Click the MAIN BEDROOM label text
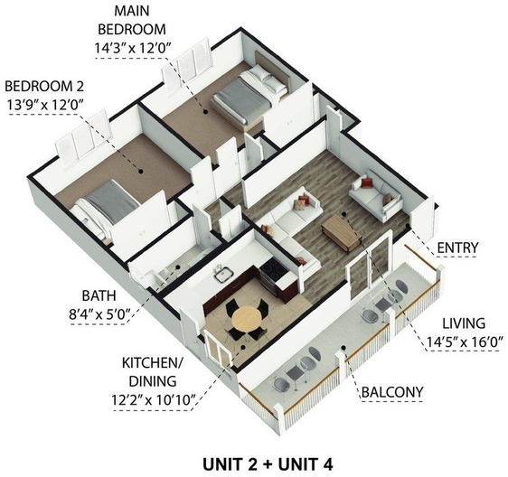[132, 20]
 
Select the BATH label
[99, 295]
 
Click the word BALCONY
[392, 392]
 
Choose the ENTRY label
[457, 248]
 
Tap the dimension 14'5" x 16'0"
[465, 342]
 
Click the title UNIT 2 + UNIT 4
[268, 464]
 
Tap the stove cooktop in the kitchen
[271, 270]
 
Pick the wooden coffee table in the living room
[342, 232]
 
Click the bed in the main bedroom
[249, 94]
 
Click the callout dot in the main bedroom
[205, 112]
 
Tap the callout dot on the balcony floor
[344, 348]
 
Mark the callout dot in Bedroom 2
[141, 172]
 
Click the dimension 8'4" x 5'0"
[99, 313]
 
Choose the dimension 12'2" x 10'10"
[155, 400]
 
